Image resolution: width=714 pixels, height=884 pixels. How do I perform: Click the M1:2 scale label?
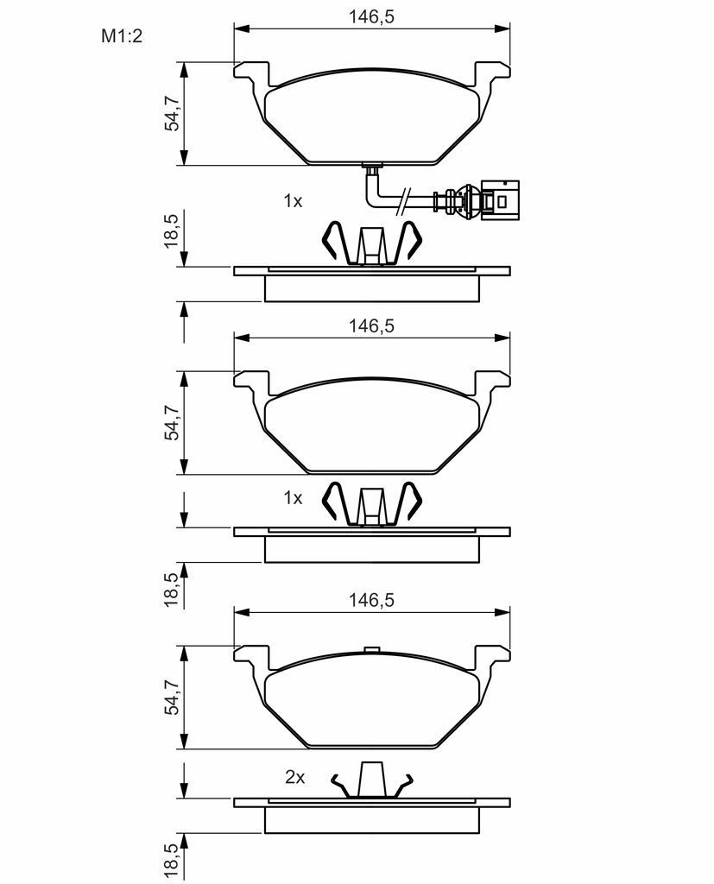click(122, 36)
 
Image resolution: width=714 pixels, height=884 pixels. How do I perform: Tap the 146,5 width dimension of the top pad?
click(371, 17)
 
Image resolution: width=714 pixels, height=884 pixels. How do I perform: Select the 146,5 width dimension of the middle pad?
click(371, 325)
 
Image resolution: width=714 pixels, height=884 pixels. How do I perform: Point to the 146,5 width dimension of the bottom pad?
click(371, 601)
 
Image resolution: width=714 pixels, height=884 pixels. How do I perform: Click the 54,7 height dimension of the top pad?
click(172, 113)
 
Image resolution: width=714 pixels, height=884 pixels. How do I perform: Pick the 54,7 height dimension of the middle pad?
click(172, 423)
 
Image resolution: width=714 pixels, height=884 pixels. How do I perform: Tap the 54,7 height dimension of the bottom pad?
click(172, 697)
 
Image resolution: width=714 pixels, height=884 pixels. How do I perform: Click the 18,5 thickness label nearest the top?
click(171, 230)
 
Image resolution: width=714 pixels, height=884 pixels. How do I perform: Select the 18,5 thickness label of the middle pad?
click(171, 589)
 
